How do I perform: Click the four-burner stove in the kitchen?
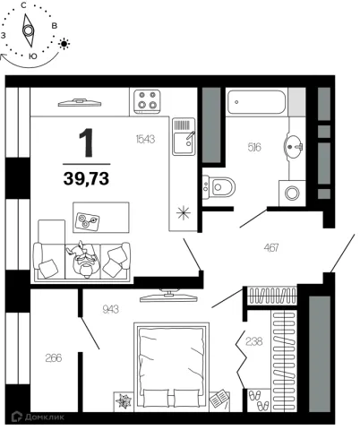click(147, 101)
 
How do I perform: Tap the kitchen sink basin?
click(184, 142)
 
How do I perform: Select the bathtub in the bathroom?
click(256, 102)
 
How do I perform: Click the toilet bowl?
click(221, 187)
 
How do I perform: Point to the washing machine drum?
click(292, 193)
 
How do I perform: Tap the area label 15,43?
click(145, 139)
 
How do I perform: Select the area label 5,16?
click(254, 147)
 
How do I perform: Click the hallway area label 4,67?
click(271, 247)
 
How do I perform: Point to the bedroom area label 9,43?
click(110, 309)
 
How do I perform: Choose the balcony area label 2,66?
click(54, 357)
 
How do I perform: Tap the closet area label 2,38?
click(254, 341)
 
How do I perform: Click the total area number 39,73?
click(86, 178)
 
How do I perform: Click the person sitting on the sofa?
click(83, 259)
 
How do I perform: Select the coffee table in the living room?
click(101, 218)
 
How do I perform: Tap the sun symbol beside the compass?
click(64, 44)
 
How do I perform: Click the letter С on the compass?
click(23, 5)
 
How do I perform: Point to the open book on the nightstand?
click(219, 399)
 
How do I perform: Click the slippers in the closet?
click(259, 400)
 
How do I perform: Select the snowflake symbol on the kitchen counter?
click(184, 212)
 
